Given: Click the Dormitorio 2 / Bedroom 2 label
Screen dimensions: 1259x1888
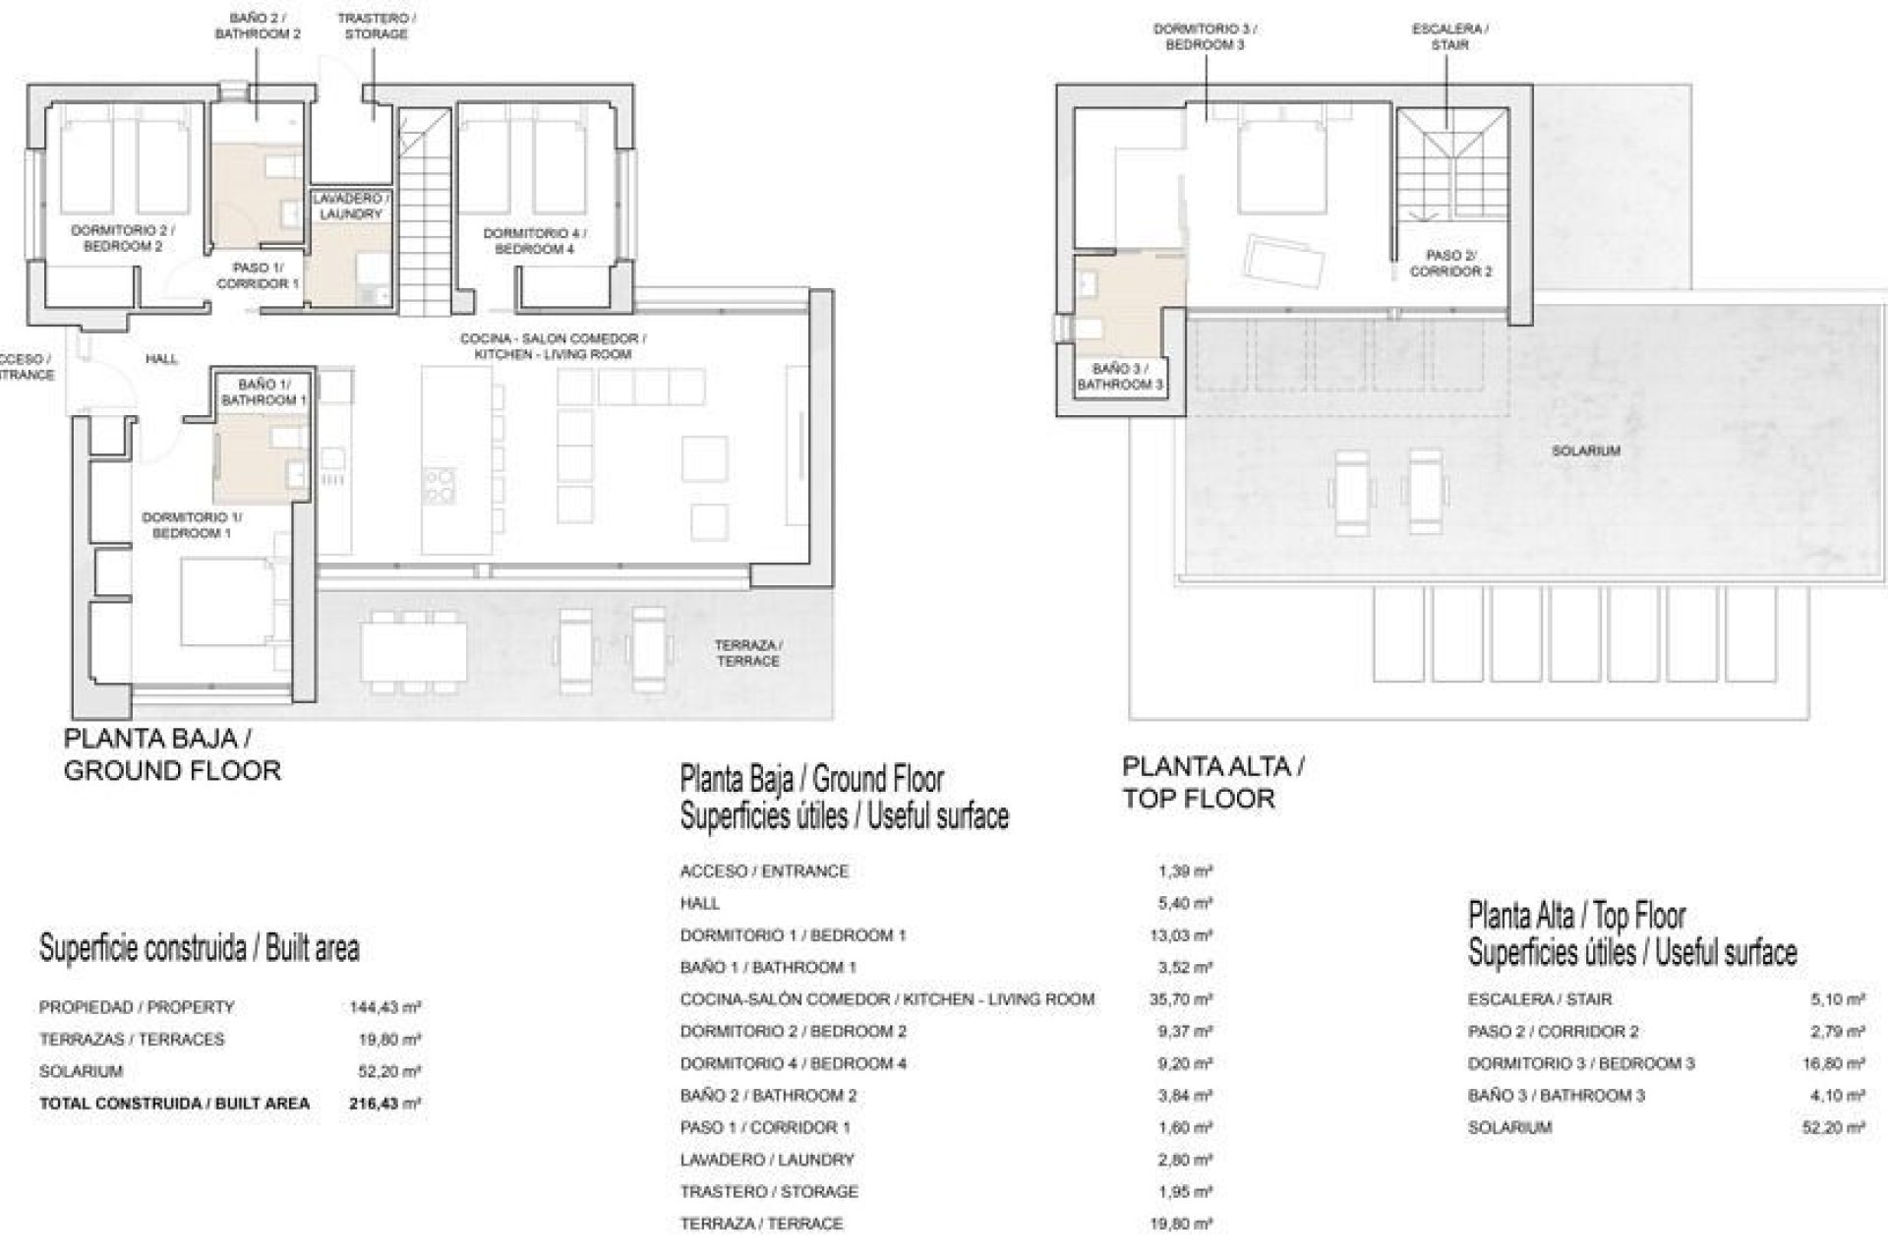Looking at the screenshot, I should (123, 238).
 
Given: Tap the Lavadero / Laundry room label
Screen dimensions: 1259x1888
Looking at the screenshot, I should (350, 206).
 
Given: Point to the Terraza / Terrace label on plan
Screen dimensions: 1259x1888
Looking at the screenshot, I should (748, 653).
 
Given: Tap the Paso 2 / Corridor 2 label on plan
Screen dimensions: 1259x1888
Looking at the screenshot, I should (1450, 264).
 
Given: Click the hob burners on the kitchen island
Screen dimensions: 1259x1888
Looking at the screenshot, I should (440, 484).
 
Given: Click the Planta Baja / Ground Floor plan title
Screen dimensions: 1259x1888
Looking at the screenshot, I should (172, 754).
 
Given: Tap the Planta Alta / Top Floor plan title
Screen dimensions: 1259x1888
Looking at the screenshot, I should (1213, 782).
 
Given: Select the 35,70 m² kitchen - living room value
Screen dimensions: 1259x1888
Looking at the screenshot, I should (1184, 999).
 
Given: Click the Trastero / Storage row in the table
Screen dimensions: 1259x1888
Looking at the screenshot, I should (769, 1192).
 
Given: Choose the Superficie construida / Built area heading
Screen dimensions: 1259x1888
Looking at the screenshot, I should (199, 948).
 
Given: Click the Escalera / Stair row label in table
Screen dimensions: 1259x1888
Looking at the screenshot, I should (1539, 999).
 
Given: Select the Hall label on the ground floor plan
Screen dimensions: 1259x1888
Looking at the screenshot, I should (161, 359).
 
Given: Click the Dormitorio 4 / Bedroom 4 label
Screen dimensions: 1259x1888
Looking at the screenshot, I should (534, 241).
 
